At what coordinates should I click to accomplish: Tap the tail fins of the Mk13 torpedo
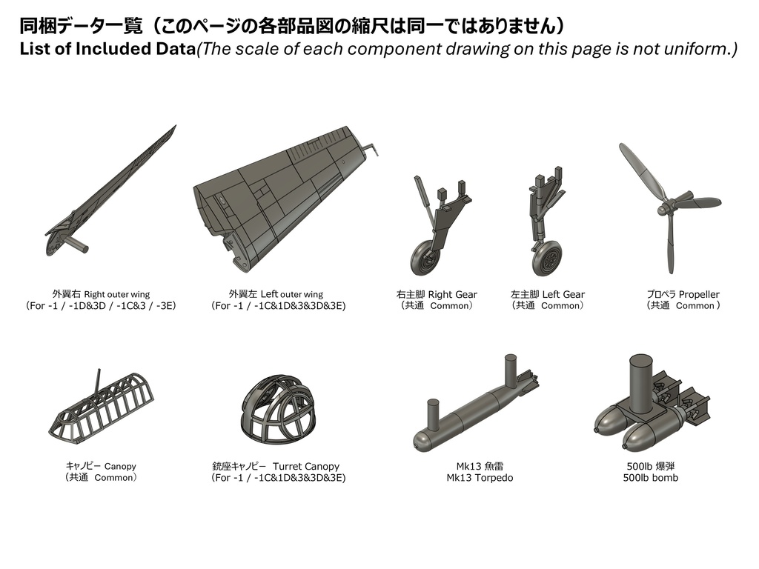click(x=527, y=384)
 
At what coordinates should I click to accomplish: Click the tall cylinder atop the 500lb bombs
click(x=640, y=378)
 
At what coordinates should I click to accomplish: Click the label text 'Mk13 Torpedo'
click(x=480, y=478)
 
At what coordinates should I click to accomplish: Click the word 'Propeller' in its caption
click(x=699, y=294)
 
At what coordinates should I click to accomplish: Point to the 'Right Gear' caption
click(x=452, y=294)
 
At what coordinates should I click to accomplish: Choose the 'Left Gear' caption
click(x=563, y=294)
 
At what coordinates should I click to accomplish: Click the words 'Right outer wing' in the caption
click(x=116, y=294)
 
